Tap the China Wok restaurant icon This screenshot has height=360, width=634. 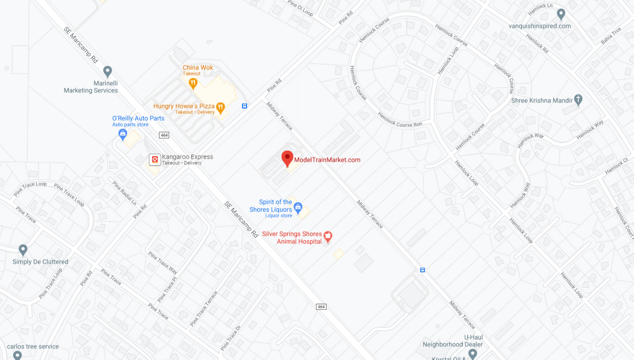point(193,83)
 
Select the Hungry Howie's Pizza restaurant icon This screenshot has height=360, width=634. point(221,108)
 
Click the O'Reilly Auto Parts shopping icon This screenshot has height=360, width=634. point(123,134)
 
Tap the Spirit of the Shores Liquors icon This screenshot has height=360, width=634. point(298,207)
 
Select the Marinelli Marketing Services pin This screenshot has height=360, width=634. point(108,71)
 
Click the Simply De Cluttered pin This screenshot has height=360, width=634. point(23,250)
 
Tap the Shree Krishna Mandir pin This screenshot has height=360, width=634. point(578,99)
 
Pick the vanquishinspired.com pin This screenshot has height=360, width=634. point(561,14)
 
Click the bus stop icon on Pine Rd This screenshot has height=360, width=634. point(245,106)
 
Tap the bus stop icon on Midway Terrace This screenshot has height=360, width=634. point(422,270)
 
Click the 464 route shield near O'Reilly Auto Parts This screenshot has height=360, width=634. point(164,135)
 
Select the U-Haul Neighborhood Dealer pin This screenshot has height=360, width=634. point(472,353)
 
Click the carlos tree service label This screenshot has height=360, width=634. point(33,347)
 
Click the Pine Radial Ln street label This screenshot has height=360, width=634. point(124,193)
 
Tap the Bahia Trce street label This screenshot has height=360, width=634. point(611,35)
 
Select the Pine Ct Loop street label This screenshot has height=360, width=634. point(300,7)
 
